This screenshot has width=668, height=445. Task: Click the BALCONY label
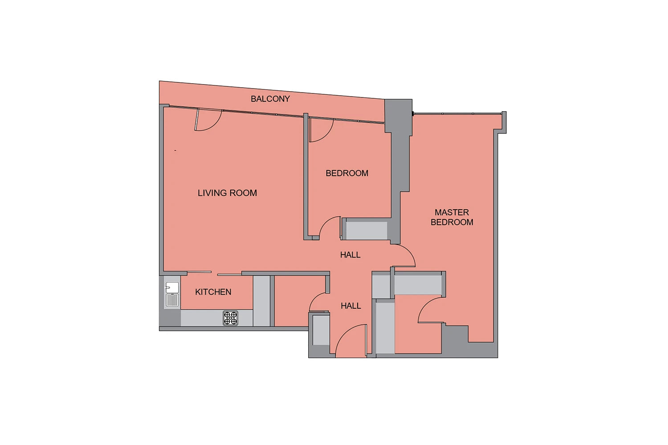click(x=270, y=99)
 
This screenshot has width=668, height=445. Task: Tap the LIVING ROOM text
click(x=227, y=193)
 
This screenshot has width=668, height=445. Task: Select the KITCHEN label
click(x=213, y=292)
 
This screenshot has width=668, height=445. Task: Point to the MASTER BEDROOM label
click(x=452, y=217)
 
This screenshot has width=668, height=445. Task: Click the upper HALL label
click(x=350, y=255)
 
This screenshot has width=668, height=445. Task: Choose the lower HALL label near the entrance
click(x=351, y=306)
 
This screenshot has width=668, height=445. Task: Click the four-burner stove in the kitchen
click(x=231, y=318)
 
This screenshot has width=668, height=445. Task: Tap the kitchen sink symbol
click(x=172, y=294)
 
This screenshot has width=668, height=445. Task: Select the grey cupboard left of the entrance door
click(x=321, y=330)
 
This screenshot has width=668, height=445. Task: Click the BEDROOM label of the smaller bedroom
click(x=347, y=173)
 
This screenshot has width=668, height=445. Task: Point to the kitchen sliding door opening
click(x=214, y=273)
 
